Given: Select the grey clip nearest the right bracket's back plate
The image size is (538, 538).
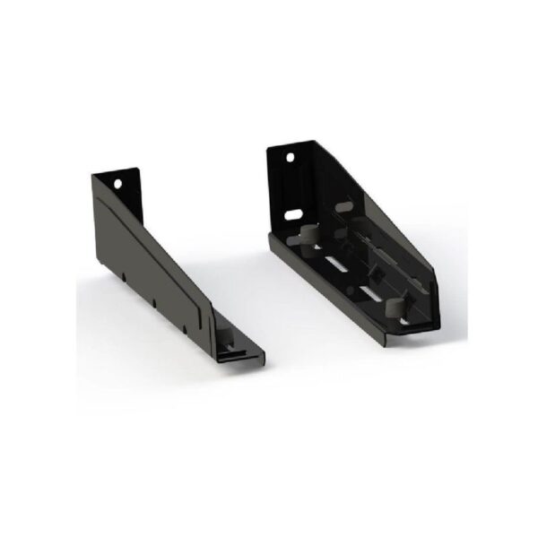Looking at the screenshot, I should pos(304,237).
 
